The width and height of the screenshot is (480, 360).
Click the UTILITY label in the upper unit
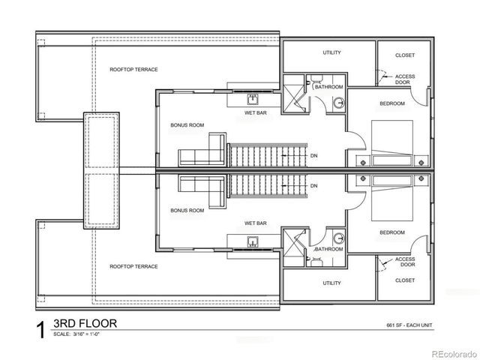pos(331,53)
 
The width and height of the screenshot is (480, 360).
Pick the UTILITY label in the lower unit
pos(331,283)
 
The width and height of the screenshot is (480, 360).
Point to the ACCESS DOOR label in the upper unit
pos(405,78)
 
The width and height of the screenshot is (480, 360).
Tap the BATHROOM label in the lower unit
pos(329,249)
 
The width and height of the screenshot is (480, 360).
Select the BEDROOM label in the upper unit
pos(391,103)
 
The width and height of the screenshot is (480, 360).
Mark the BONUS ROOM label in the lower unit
pos(187,211)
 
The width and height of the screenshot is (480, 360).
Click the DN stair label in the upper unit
pos(313,156)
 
